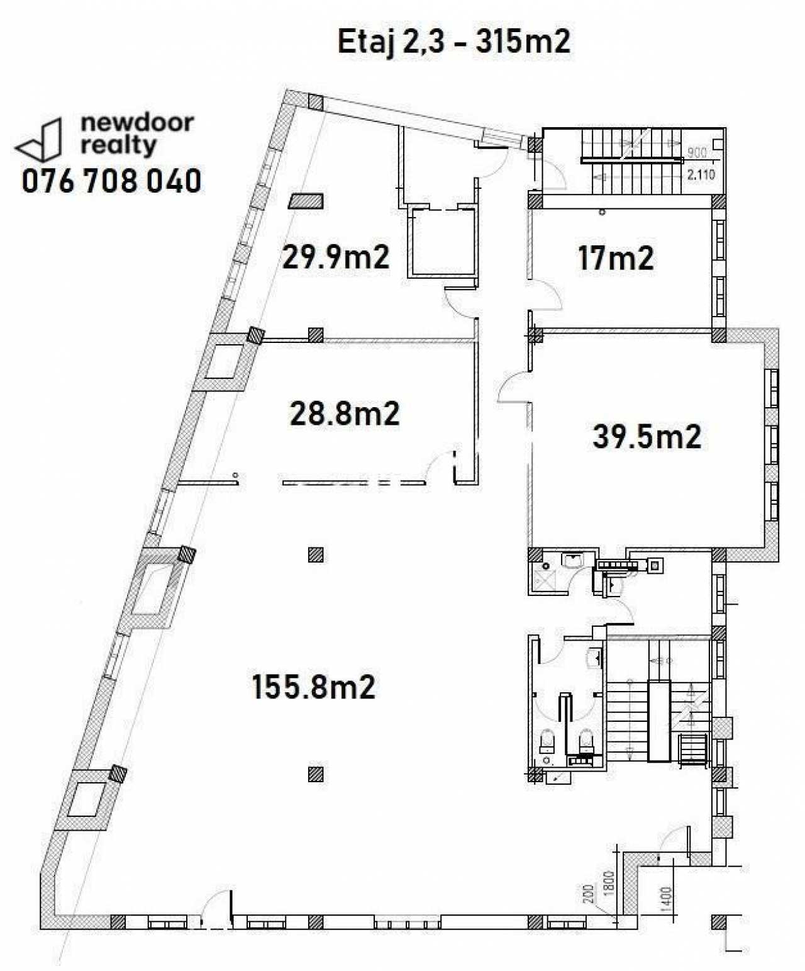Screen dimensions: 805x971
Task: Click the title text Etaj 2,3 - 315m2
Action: tap(454, 43)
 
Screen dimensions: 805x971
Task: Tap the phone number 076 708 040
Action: tap(111, 181)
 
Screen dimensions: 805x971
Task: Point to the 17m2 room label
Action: tap(616, 258)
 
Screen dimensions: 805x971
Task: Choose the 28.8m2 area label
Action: tap(345, 413)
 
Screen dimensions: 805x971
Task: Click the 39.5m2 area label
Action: tap(647, 437)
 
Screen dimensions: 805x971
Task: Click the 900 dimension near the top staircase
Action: tap(697, 152)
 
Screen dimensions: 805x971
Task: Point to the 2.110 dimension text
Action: tap(701, 176)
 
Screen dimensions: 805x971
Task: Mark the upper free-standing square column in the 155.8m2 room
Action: tap(316, 554)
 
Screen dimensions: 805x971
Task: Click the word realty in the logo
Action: tap(118, 145)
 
